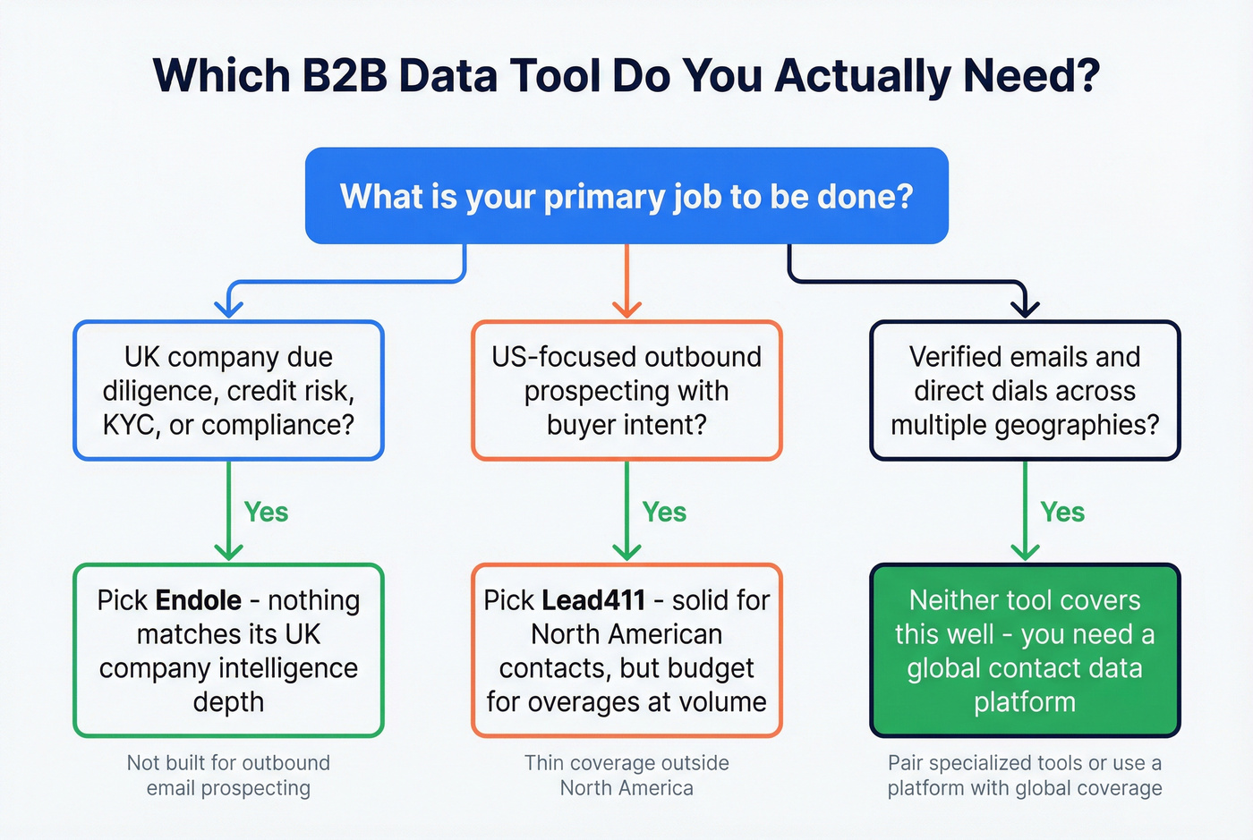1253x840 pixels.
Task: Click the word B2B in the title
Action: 345,75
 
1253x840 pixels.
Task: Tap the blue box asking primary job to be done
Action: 626,196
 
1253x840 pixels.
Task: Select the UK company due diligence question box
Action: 228,391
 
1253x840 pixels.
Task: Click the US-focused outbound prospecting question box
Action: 626,391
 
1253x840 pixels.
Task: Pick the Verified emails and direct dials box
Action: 1025,391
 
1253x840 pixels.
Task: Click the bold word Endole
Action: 199,600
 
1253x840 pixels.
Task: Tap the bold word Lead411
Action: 593,600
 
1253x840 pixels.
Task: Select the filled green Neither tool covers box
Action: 1025,650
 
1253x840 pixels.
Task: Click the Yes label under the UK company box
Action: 266,513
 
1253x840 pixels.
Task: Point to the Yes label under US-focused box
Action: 664,513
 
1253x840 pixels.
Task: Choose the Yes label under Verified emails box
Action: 1062,513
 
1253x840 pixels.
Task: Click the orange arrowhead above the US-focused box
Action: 626,309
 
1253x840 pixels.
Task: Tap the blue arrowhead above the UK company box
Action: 229,309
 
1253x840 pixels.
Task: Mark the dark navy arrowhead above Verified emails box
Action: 1025,309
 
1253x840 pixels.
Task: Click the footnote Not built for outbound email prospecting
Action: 228,776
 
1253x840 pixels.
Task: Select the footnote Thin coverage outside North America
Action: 626,776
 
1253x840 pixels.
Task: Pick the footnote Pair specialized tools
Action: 1025,776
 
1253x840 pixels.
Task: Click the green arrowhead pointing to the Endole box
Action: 229,551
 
